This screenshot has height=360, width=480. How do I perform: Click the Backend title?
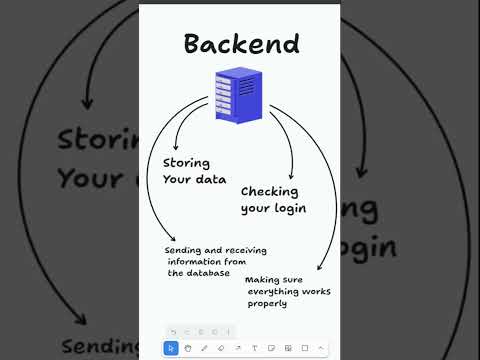pos(241,44)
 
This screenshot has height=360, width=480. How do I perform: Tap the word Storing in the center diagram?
pos(188,162)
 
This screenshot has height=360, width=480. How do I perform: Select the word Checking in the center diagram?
pos(269,191)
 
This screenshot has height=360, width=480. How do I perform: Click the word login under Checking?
pos(286,208)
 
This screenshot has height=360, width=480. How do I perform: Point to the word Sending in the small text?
pos(184,251)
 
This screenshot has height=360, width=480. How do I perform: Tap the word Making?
pos(263,280)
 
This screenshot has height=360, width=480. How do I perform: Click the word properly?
pos(266,303)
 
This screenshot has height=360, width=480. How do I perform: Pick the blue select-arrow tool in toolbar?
pos(171,348)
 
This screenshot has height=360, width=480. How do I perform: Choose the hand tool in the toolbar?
pos(188,348)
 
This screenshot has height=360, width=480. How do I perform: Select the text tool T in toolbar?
pos(254,348)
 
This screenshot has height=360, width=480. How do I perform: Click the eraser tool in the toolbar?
pos(221,348)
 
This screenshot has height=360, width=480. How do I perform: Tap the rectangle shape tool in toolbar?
pos(304,348)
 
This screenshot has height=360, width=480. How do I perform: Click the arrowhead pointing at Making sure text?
pos(319,267)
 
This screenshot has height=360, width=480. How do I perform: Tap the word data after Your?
pos(209,180)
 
